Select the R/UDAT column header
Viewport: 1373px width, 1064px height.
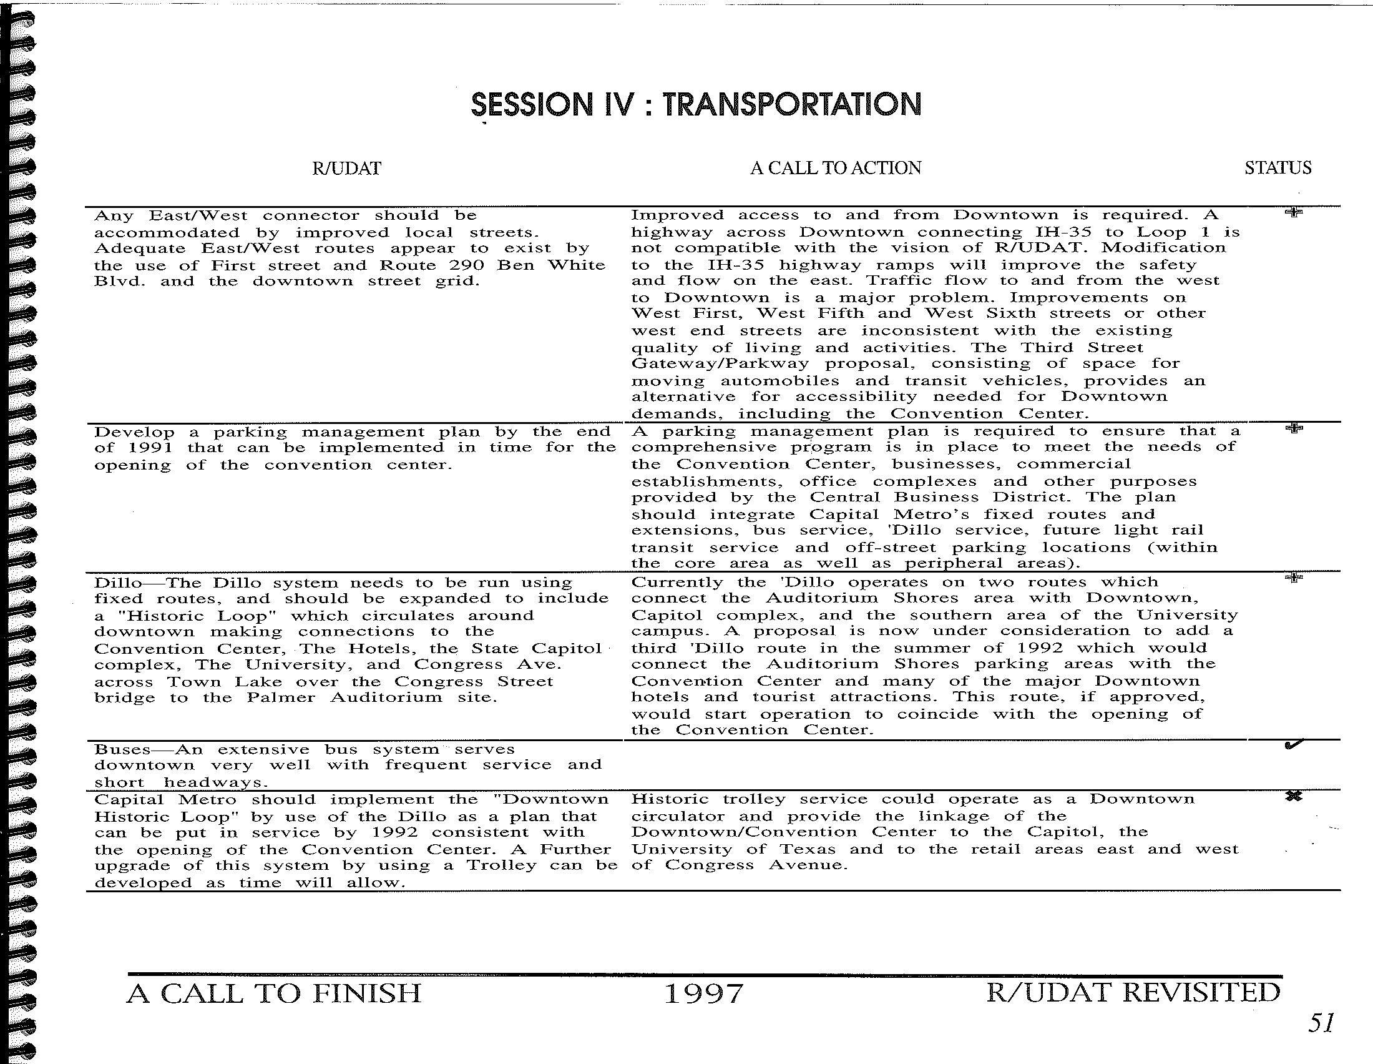point(346,169)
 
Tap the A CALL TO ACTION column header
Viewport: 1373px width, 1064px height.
point(836,168)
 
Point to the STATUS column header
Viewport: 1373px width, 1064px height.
point(1278,168)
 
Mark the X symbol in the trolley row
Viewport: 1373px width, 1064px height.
point(1292,797)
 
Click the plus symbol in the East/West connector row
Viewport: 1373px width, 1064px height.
point(1293,212)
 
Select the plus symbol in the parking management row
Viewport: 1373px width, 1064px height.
point(1294,429)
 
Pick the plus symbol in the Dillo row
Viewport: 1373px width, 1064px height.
point(1293,578)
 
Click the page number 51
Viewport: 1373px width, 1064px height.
point(1320,1023)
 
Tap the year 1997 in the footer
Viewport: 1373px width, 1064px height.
point(703,994)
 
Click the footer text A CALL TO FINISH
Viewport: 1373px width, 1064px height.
point(274,993)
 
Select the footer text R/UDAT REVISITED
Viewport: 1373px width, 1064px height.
point(1133,993)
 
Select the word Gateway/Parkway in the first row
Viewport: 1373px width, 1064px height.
point(720,364)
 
